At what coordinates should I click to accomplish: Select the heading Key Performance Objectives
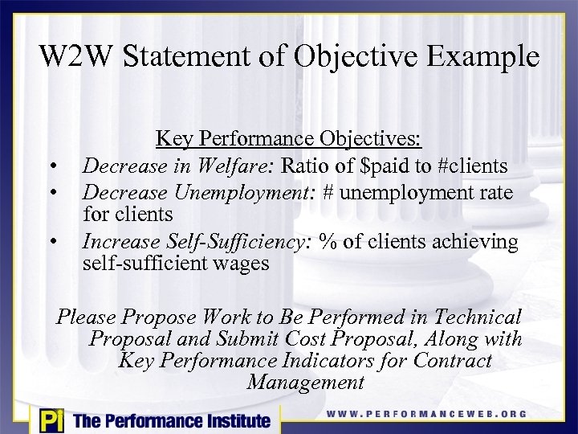pos(288,138)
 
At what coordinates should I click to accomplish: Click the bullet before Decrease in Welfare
pos(51,168)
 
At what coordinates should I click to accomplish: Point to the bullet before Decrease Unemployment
pos(51,193)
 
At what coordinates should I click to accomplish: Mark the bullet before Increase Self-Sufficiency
pos(51,242)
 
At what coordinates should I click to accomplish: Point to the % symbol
pos(327,242)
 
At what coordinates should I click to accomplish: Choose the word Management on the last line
pos(306,383)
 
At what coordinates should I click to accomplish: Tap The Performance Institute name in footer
pos(172,420)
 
